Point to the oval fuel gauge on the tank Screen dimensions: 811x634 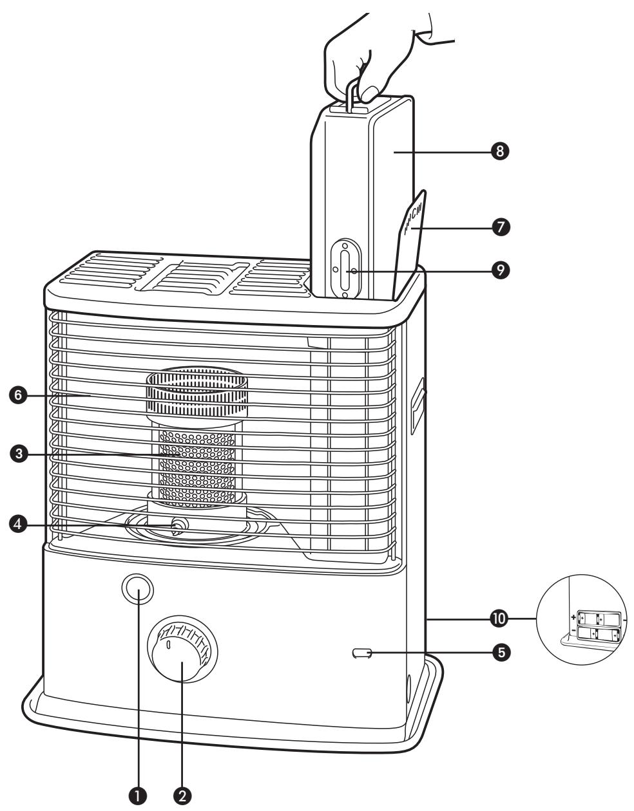(x=345, y=268)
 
